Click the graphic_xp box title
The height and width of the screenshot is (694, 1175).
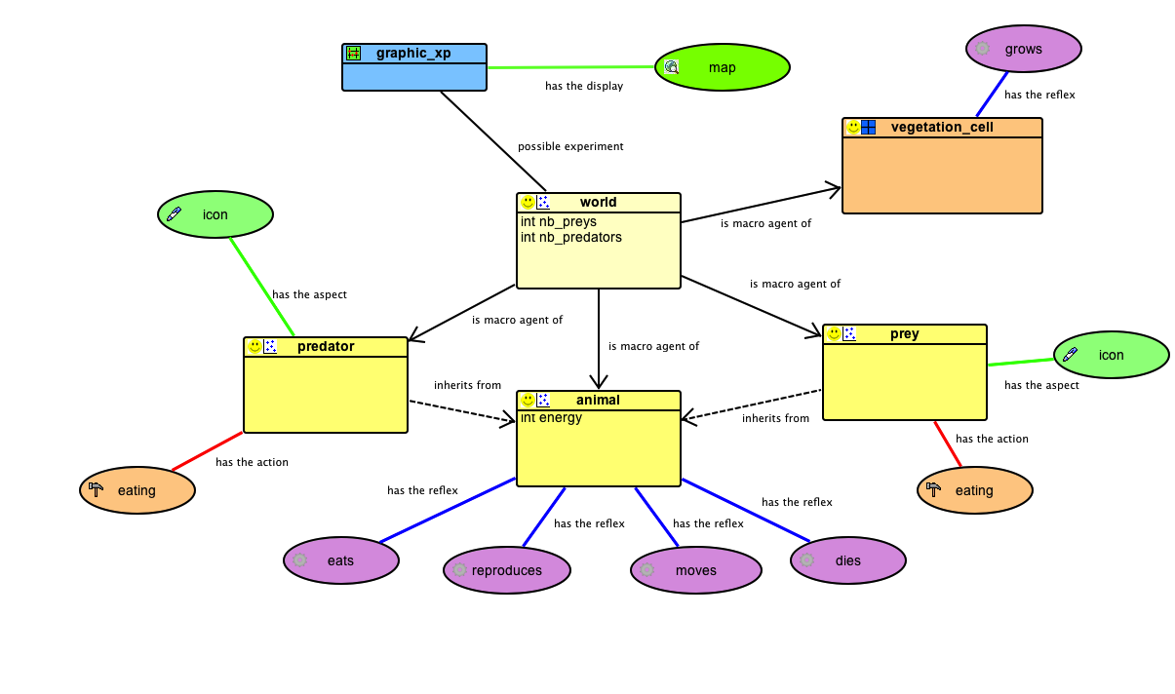tap(413, 53)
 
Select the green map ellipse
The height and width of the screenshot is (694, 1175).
tap(722, 67)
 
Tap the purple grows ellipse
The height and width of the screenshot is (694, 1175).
tap(1023, 49)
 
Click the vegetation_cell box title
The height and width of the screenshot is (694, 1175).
tap(942, 127)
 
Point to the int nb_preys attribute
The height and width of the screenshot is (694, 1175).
tap(559, 221)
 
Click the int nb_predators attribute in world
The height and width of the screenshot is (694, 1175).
tap(571, 237)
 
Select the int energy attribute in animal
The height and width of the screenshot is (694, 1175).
tap(551, 417)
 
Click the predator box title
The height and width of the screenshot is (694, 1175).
tap(326, 346)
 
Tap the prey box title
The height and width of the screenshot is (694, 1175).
tap(904, 333)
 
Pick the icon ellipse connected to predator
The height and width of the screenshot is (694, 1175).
tap(215, 214)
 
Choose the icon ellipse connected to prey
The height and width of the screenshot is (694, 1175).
tap(1111, 355)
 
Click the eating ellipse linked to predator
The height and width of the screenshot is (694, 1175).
tap(137, 490)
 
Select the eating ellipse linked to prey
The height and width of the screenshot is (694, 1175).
tap(973, 490)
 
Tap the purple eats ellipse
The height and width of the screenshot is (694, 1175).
tap(340, 560)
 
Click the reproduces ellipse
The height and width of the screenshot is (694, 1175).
tap(506, 570)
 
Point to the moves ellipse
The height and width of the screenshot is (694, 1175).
tap(695, 570)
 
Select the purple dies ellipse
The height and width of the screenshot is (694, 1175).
tap(847, 560)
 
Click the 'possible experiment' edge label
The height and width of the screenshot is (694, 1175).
tap(570, 146)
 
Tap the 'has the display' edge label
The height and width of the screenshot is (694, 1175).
tap(584, 86)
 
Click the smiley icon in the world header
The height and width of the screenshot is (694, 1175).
tap(528, 202)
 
